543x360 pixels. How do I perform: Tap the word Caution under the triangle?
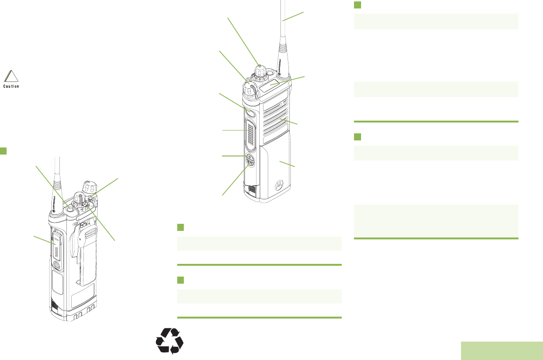click(11, 87)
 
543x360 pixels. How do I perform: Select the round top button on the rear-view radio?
click(70, 207)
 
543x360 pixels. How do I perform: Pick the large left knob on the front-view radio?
click(250, 87)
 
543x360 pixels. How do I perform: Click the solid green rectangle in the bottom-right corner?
click(502, 351)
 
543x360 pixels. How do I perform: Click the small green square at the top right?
click(357, 5)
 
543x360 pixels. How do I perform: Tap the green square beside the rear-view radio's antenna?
click(3, 150)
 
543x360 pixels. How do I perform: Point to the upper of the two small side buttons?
click(249, 157)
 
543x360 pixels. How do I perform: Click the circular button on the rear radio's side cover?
click(56, 265)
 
